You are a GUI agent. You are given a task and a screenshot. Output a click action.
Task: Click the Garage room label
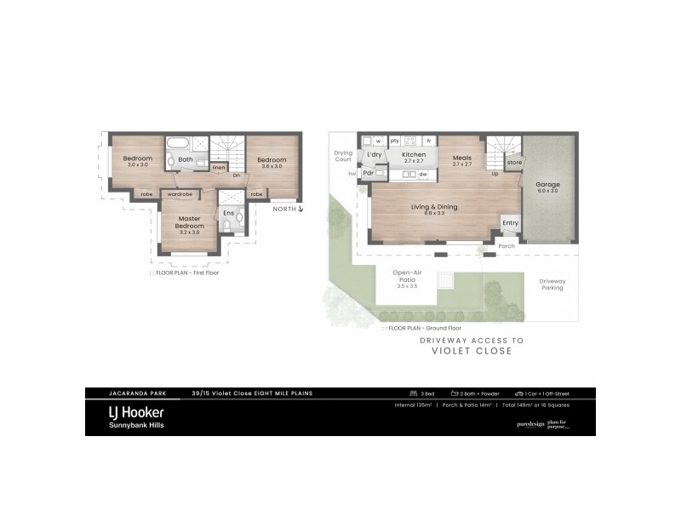547,185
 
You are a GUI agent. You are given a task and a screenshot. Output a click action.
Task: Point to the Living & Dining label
434,207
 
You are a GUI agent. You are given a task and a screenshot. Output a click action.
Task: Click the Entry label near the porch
510,223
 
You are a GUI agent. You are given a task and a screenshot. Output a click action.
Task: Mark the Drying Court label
343,156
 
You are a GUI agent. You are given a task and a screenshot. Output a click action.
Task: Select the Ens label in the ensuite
228,213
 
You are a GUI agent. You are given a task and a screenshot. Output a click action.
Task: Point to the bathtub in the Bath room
180,143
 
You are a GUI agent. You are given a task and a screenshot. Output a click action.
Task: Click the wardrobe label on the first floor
180,194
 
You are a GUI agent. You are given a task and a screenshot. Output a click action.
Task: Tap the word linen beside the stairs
219,168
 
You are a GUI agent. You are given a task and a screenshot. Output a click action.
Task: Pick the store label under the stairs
514,162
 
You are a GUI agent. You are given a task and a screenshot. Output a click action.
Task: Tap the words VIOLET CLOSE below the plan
472,351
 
